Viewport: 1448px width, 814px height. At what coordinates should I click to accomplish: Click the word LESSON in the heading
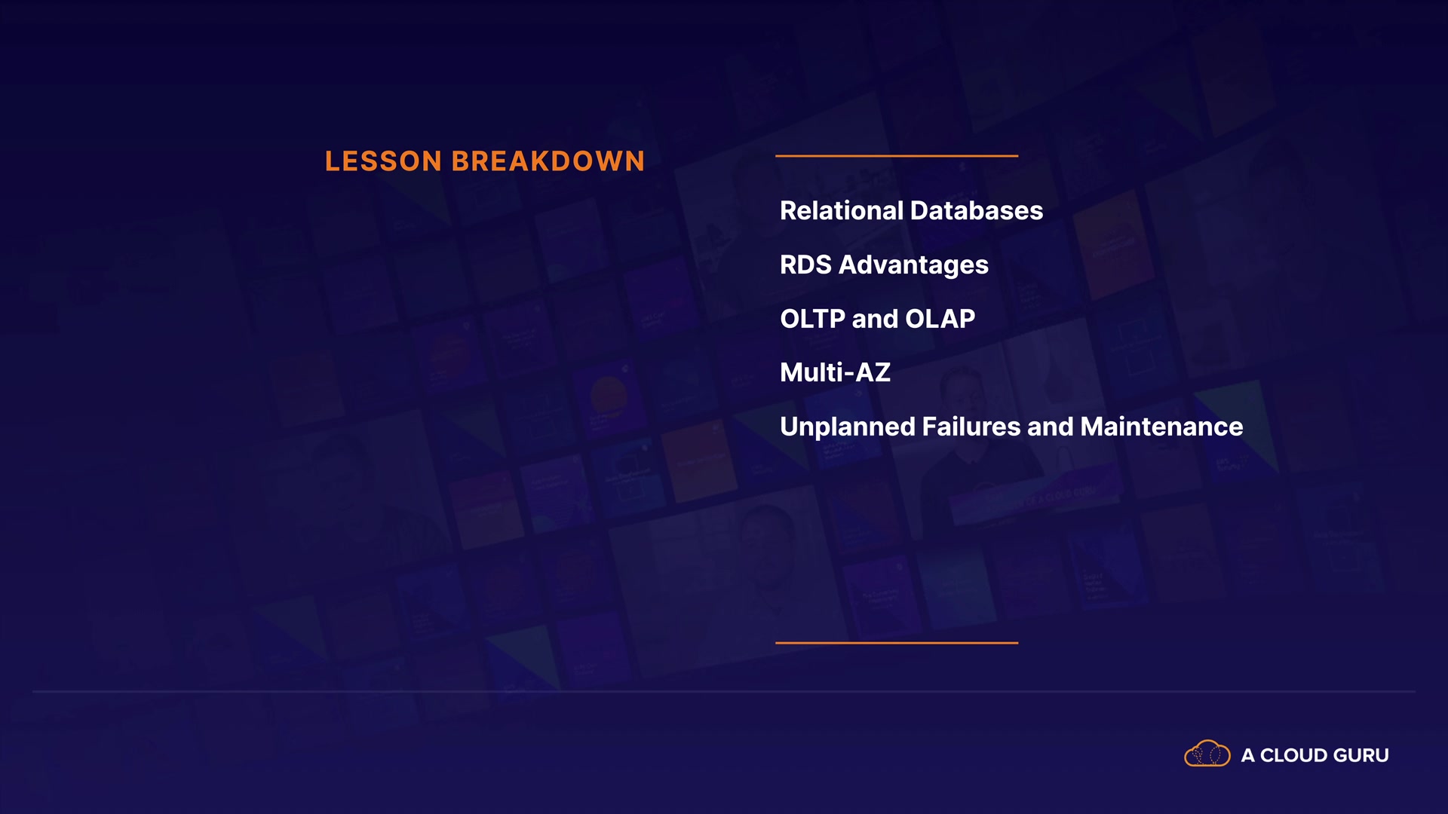pyautogui.click(x=383, y=161)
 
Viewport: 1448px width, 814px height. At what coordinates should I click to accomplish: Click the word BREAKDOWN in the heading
pyautogui.click(x=548, y=161)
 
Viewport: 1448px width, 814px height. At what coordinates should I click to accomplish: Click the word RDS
pyautogui.click(x=805, y=265)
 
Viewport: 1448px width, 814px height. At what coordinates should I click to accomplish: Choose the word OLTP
pyautogui.click(x=812, y=319)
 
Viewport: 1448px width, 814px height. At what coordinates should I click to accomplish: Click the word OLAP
pyautogui.click(x=940, y=319)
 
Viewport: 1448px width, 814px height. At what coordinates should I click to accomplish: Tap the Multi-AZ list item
pyautogui.click(x=836, y=372)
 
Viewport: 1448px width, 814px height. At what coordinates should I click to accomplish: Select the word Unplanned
pyautogui.click(x=848, y=428)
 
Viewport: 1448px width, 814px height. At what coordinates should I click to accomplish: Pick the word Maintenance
pyautogui.click(x=1161, y=427)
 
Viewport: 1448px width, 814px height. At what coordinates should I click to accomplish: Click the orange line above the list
pyautogui.click(x=897, y=156)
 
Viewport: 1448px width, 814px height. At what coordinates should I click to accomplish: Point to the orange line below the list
pyautogui.click(x=897, y=643)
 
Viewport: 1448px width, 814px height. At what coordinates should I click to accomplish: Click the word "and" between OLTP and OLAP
pyautogui.click(x=875, y=319)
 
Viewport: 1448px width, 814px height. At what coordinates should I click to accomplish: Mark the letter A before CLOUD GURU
pyautogui.click(x=1248, y=755)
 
